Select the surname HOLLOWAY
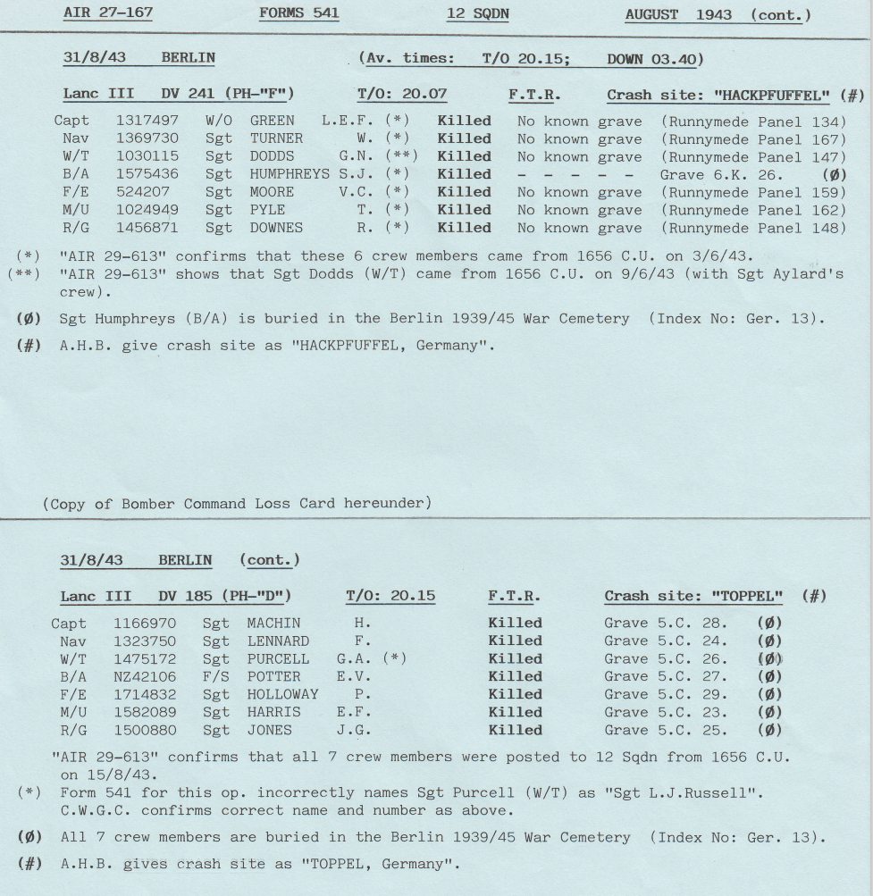(282, 694)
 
